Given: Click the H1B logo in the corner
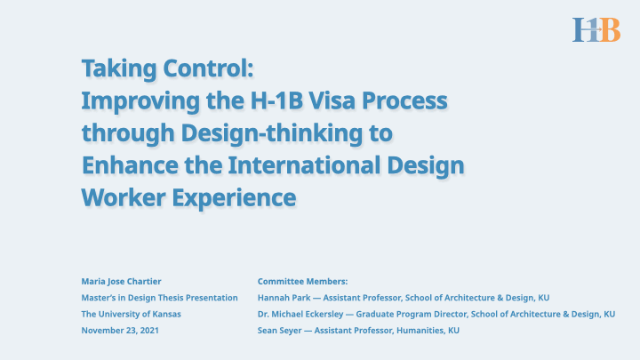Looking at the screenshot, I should point(596,29).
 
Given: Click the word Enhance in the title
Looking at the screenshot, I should point(122,165).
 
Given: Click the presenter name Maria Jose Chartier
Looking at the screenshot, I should point(121,281).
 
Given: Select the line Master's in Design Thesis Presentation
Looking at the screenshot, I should point(159,297).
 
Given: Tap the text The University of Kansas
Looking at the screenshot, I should point(131,314).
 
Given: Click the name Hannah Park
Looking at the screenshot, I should point(280,297).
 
